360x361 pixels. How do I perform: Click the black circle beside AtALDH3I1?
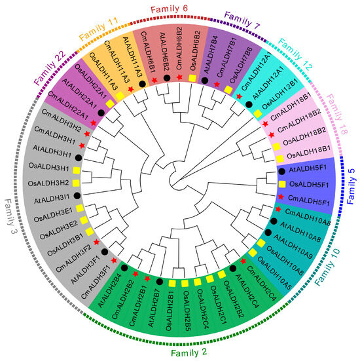[x=77, y=195]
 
